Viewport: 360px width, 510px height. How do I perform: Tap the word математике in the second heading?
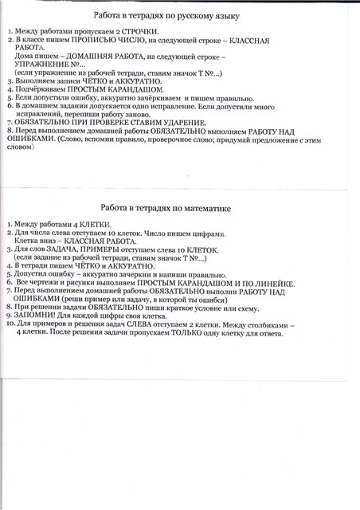(x=207, y=210)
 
